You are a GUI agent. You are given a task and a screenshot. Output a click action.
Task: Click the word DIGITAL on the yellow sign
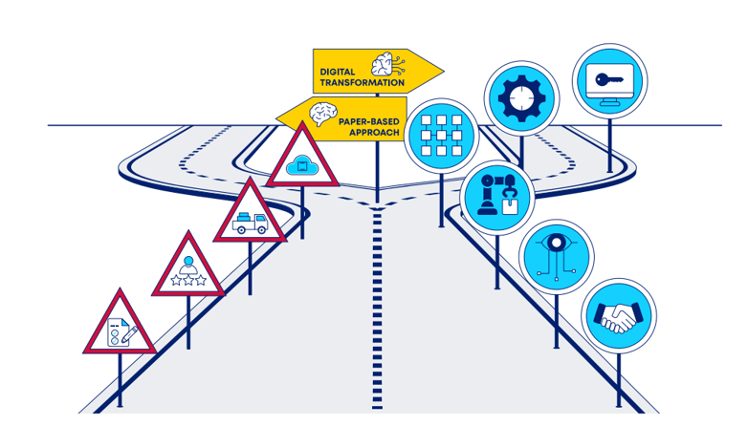[338, 71]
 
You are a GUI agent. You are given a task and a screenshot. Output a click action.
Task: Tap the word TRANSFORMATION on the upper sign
[362, 83]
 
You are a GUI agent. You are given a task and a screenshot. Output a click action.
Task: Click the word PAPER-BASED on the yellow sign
[369, 122]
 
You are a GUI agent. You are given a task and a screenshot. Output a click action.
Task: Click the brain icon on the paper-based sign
[320, 115]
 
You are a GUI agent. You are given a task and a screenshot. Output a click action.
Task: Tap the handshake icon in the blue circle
[618, 316]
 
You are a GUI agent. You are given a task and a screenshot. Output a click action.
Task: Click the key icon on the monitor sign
[609, 79]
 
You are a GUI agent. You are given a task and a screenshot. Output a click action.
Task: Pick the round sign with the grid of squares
[441, 135]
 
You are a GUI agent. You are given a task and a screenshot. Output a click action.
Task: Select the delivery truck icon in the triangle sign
[250, 223]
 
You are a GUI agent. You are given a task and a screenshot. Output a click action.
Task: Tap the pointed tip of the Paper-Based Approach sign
[278, 119]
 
